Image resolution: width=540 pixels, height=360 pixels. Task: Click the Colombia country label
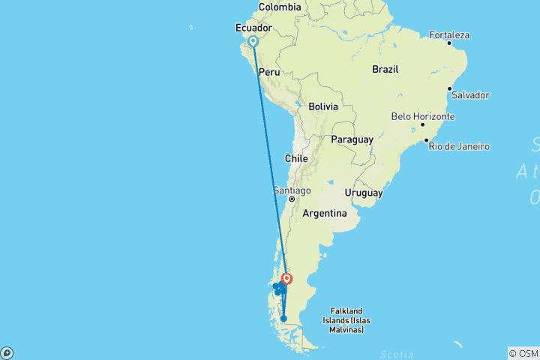pos(279,7)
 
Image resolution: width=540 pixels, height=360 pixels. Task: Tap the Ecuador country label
pos(253,28)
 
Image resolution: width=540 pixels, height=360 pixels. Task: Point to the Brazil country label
pos(386,69)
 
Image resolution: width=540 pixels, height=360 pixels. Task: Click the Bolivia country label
pos(324,106)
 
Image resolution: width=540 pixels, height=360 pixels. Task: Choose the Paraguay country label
pos(352,139)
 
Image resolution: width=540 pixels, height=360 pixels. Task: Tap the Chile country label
pos(296,159)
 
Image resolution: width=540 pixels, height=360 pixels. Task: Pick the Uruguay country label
pos(364,193)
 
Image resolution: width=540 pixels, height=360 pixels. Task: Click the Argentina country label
pos(324,213)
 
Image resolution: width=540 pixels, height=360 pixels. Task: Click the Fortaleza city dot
pos(449,43)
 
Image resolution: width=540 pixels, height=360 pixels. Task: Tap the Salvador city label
pos(469,95)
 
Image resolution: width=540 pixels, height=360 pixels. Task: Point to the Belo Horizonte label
pos(423,116)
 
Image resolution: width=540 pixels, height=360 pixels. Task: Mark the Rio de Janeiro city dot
pos(426,140)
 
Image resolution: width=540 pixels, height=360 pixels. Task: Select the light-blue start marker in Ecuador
pos(253,41)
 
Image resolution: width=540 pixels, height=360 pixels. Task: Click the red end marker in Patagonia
pos(287,279)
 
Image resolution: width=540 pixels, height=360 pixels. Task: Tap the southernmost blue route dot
pos(283,319)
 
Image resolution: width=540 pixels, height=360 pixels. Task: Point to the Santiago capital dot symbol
pos(292,199)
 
